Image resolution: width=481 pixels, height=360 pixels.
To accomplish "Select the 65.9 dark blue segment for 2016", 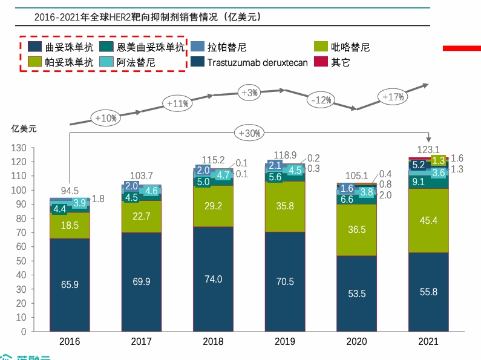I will [70, 284].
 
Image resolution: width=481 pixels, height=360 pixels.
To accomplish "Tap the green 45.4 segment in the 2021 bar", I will [428, 220].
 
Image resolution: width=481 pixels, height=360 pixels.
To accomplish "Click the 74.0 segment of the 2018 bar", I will [213, 279].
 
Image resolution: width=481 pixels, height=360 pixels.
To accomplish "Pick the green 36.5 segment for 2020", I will [357, 230].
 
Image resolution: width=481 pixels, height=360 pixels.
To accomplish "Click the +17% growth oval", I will [393, 96].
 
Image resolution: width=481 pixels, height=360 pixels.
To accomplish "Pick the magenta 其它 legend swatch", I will [320, 62].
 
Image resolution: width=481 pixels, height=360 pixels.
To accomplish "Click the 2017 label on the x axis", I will [141, 342].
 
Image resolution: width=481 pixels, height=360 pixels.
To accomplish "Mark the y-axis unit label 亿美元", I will [24, 128].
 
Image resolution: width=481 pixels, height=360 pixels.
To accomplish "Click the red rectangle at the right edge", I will [462, 48].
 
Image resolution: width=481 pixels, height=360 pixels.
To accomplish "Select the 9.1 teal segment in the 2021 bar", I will [418, 181].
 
